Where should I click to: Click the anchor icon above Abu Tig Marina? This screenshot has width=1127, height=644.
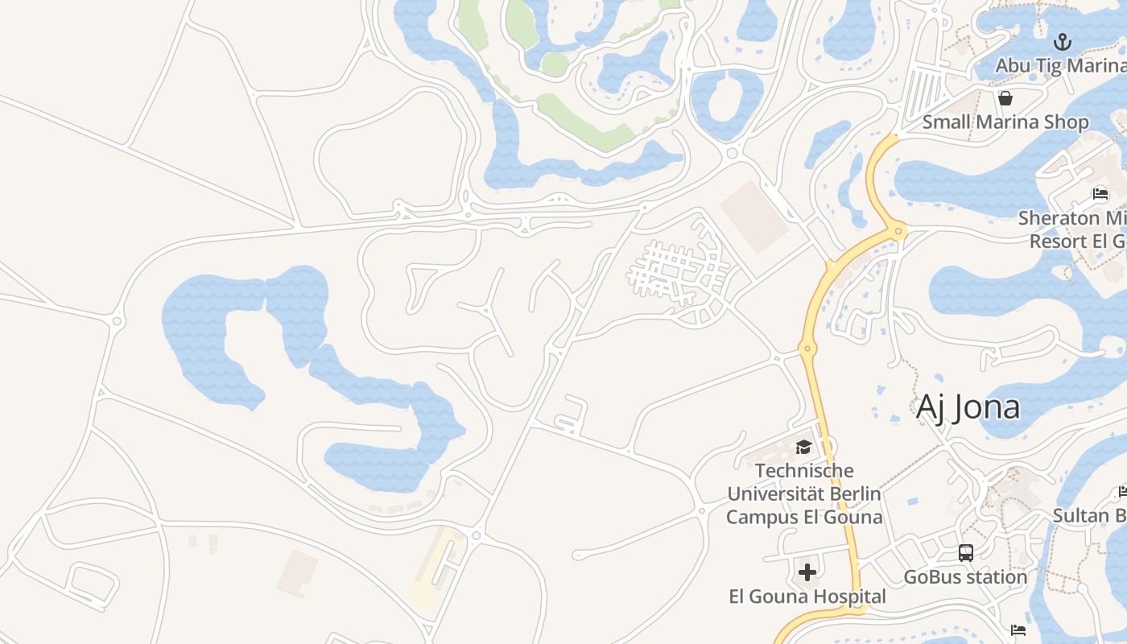click(x=1063, y=41)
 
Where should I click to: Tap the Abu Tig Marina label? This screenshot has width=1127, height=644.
click(x=1060, y=65)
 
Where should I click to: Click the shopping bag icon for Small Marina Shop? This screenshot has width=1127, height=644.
click(x=1005, y=98)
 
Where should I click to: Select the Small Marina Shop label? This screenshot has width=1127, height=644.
click(x=1005, y=122)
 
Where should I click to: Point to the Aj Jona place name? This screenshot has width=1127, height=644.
click(x=968, y=407)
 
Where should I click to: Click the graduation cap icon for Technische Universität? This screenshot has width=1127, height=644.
click(x=803, y=447)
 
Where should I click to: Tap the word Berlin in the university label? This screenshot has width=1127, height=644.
click(x=851, y=493)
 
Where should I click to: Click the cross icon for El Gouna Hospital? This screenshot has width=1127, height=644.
click(x=807, y=572)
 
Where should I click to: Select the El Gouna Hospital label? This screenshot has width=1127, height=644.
click(x=807, y=597)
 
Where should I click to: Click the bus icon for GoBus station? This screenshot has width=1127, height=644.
click(x=965, y=553)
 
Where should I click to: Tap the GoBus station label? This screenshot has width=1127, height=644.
click(x=965, y=577)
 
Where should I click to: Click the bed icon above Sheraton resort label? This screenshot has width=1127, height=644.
click(x=1100, y=194)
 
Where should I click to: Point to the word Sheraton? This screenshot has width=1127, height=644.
click(x=1058, y=218)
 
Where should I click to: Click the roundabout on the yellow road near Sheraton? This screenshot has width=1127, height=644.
click(x=898, y=232)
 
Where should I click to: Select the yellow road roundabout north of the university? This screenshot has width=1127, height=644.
click(x=807, y=349)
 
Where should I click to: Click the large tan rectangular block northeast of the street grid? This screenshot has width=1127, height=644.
click(x=754, y=217)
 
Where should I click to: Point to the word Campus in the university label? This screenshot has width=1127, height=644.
click(x=762, y=517)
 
